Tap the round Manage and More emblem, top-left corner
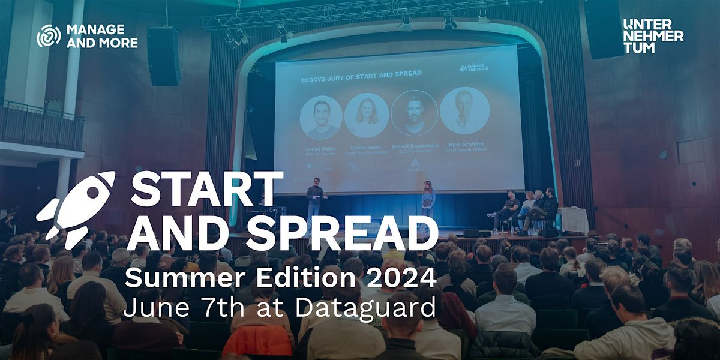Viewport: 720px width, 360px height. click(x=49, y=36)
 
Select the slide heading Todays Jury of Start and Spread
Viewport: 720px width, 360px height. click(x=361, y=73)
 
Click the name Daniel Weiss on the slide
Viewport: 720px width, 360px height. click(x=320, y=147)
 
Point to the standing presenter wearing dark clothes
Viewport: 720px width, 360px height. click(x=314, y=202)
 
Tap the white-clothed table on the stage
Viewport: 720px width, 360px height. click(x=574, y=221)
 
